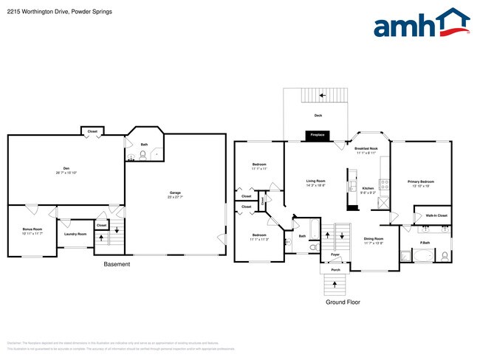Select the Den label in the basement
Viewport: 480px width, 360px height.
pos(66,169)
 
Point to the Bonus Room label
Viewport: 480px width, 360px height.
pos(32,229)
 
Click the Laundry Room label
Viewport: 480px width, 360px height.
pos(75,234)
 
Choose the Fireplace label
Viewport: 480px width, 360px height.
pos(318,136)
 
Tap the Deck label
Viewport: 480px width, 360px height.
pos(318,116)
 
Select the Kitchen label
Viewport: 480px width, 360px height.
pos(368,189)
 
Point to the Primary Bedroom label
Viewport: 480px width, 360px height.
pos(421,181)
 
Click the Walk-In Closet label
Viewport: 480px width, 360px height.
pos(433,216)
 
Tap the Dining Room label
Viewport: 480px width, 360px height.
pos(374,239)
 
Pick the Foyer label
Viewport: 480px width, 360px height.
pos(335,255)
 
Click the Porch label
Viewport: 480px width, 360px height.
pos(335,270)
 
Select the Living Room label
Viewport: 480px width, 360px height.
pos(317,181)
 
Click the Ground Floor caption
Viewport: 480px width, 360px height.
pos(343,302)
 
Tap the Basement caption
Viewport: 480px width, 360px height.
pos(117,265)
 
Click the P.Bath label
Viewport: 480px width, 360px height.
pos(425,243)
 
